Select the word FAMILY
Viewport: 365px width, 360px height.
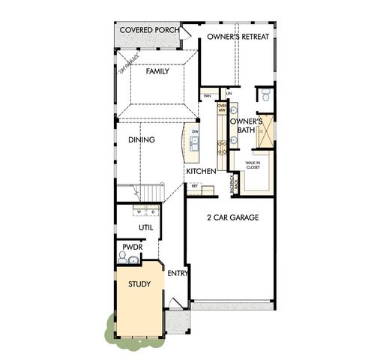157,71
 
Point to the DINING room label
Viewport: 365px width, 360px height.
141,139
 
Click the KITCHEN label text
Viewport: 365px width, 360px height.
201,172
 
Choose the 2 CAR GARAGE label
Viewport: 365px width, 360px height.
232,217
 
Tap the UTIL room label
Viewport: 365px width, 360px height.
145,227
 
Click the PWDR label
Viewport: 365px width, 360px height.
132,247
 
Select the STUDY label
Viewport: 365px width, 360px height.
139,284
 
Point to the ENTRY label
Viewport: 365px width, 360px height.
177,273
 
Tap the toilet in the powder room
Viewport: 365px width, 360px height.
122,258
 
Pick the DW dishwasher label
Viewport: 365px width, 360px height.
195,133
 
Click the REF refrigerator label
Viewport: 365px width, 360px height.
195,185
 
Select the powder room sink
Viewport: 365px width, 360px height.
134,260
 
